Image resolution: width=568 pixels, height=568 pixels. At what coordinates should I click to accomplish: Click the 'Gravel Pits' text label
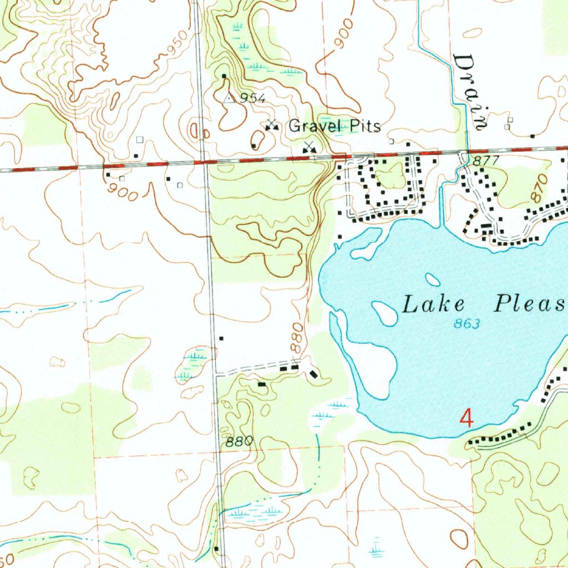(x=334, y=126)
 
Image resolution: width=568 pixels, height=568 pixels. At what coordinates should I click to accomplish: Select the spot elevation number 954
(x=253, y=99)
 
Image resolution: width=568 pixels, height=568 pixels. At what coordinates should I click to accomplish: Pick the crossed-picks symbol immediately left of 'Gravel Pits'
(x=271, y=125)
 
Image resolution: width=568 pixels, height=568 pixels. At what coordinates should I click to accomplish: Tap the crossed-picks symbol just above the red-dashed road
(x=309, y=147)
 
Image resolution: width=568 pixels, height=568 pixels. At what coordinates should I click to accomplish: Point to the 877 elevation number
(x=479, y=161)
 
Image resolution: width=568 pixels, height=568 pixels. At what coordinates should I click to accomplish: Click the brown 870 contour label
(x=538, y=189)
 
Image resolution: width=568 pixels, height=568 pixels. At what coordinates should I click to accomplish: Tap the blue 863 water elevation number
(x=466, y=324)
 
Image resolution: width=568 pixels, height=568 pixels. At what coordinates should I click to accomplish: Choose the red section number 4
(x=467, y=417)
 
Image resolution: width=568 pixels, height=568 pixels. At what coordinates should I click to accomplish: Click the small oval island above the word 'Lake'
(x=432, y=279)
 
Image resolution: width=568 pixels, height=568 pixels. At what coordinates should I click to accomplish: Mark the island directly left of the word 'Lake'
(x=384, y=313)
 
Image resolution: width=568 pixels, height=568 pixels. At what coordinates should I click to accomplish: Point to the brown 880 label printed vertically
(x=298, y=338)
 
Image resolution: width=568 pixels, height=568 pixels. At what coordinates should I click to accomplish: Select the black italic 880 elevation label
(x=240, y=442)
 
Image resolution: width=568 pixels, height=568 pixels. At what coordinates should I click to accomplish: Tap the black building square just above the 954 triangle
(x=224, y=76)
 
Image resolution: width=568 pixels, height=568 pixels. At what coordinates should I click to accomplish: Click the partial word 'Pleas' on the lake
(x=530, y=304)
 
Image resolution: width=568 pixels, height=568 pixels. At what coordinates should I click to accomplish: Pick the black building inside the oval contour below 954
(x=253, y=146)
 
